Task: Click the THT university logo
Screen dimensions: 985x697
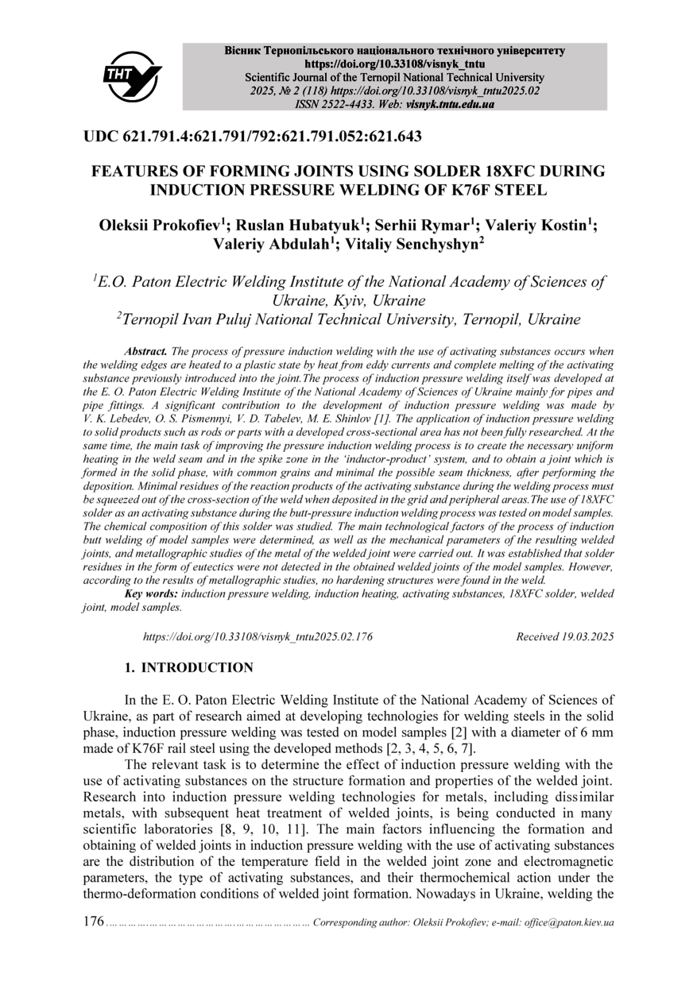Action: (x=132, y=76)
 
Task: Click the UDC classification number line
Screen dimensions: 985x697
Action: (x=252, y=136)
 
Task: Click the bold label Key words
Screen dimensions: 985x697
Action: (x=152, y=594)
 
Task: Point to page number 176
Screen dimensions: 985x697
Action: (x=94, y=922)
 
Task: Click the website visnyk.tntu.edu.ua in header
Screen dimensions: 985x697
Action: (x=451, y=104)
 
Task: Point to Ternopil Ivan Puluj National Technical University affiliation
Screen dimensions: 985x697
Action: (x=348, y=319)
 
